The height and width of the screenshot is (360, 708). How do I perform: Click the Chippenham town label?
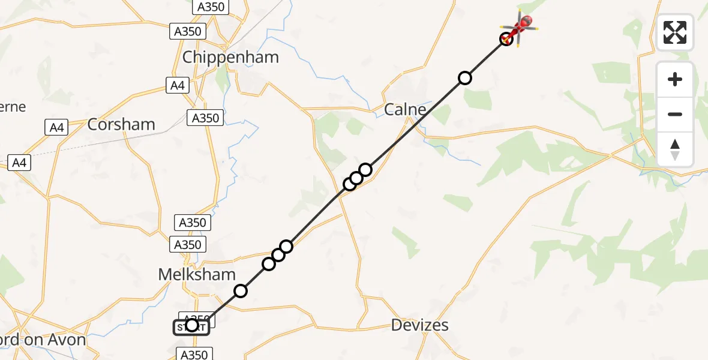(x=230, y=58)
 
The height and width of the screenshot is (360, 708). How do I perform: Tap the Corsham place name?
(x=121, y=125)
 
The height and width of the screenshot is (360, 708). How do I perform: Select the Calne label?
(x=405, y=110)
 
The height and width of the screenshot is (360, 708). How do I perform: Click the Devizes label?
(x=419, y=326)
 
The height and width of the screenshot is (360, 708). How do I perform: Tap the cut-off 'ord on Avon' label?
(x=43, y=340)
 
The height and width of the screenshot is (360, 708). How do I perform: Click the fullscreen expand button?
(x=674, y=32)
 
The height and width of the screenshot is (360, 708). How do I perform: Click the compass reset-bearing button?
(x=674, y=149)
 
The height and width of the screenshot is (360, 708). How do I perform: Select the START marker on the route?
(x=191, y=326)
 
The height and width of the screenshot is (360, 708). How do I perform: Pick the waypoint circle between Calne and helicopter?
(x=464, y=77)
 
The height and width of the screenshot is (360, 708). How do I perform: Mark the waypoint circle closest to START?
(x=240, y=291)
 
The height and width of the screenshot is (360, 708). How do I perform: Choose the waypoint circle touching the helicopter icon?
(x=506, y=39)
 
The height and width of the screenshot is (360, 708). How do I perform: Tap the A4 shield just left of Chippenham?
(x=177, y=86)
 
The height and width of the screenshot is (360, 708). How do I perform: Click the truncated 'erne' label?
(x=13, y=107)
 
